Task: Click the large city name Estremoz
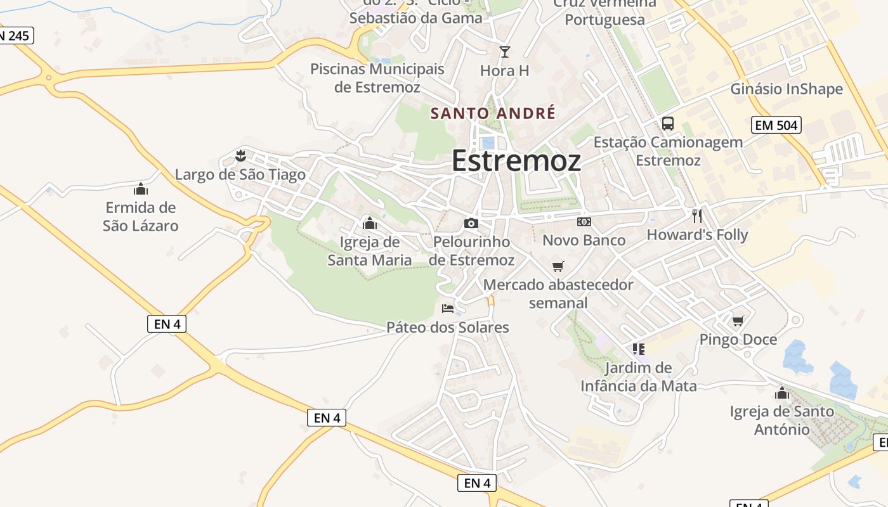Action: pos(516,161)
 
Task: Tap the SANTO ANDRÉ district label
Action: pos(493,113)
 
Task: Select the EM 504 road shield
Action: pos(776,125)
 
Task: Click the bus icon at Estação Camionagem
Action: pos(667,124)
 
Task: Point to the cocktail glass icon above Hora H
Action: pos(504,51)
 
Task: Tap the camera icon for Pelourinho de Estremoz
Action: pos(471,223)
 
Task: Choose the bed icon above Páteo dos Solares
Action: pos(448,309)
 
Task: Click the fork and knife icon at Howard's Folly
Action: pos(697,216)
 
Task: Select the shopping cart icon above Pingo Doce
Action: pos(738,321)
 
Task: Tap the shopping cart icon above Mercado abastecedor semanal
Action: pos(558,266)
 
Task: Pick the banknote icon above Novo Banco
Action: pos(584,222)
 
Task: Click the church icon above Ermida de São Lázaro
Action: pos(140,189)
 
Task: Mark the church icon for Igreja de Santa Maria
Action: pos(369,223)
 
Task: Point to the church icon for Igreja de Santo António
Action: pos(781,393)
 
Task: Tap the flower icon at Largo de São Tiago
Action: pos(240,156)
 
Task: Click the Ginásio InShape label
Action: pos(787,89)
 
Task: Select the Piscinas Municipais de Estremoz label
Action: pos(377,78)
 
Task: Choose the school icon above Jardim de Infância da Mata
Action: pos(638,349)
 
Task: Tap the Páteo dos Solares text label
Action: pos(448,328)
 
